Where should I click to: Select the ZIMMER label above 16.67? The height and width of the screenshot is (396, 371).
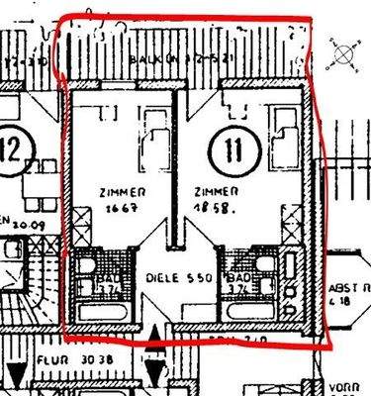coord(123,192)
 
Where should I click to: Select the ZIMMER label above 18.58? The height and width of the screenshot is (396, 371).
coord(214,192)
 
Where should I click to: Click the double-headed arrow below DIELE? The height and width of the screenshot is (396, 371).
coord(154,366)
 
